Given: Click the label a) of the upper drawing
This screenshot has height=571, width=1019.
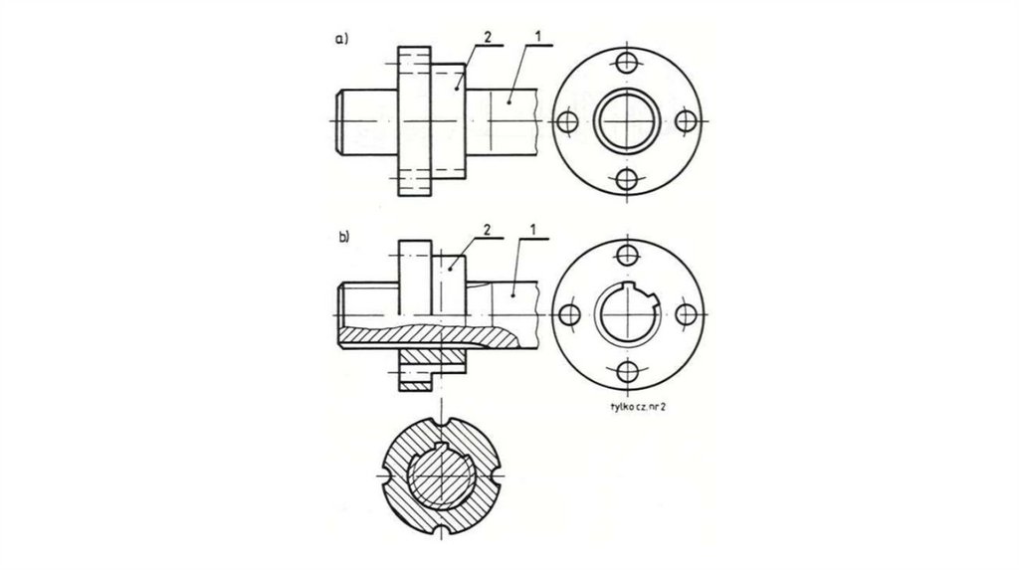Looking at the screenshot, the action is click(x=342, y=39).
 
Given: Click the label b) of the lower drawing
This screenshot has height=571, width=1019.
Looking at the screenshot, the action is click(x=343, y=237).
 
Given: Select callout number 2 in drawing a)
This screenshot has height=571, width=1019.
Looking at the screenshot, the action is click(x=488, y=37).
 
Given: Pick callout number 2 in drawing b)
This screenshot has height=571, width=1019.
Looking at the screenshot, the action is click(x=487, y=230).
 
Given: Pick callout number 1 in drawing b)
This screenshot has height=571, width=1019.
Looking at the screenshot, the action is click(x=533, y=230).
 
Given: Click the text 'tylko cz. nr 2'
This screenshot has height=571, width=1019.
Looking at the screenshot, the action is click(x=639, y=407).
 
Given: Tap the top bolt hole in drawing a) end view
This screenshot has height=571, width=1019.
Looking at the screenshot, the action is click(x=627, y=63).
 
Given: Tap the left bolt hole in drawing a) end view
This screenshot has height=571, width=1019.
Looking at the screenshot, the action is click(x=568, y=120).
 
